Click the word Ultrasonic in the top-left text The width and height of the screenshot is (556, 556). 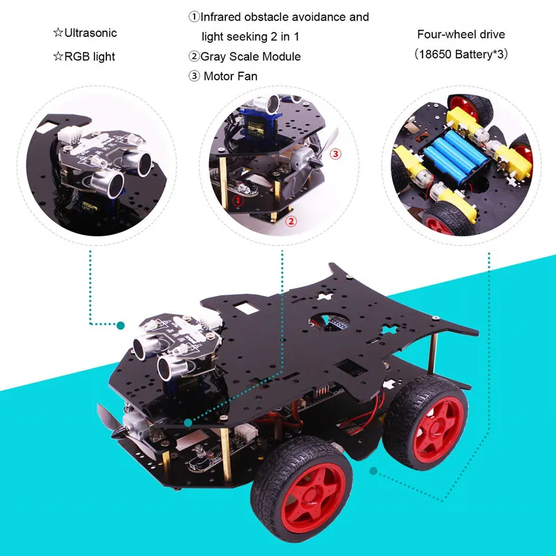point(90,33)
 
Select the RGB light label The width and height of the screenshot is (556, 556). point(88,56)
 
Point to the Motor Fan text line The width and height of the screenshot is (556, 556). point(230,76)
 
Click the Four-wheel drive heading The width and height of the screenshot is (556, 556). point(461,33)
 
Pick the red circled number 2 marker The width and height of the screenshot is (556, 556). point(292,222)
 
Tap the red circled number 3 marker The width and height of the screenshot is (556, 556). point(336,153)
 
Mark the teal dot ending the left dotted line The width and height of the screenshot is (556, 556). point(120,325)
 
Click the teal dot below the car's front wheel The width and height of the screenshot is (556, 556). point(374,471)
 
